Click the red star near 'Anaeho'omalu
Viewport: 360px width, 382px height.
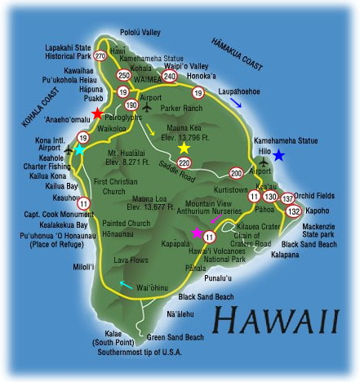click(x=97, y=113)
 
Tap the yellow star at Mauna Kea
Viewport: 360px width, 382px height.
click(x=184, y=149)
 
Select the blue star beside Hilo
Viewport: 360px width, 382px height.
click(x=279, y=155)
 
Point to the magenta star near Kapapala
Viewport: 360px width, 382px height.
click(x=197, y=233)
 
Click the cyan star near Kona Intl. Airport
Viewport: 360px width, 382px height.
click(x=79, y=149)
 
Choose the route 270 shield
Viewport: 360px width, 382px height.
click(x=100, y=56)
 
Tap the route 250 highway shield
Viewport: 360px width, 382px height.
click(x=124, y=75)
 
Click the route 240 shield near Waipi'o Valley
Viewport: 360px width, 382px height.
click(x=170, y=76)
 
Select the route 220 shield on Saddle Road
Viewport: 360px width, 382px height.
click(x=184, y=163)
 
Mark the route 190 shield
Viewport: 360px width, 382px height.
click(x=133, y=104)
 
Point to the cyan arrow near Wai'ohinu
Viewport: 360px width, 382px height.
click(x=124, y=285)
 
